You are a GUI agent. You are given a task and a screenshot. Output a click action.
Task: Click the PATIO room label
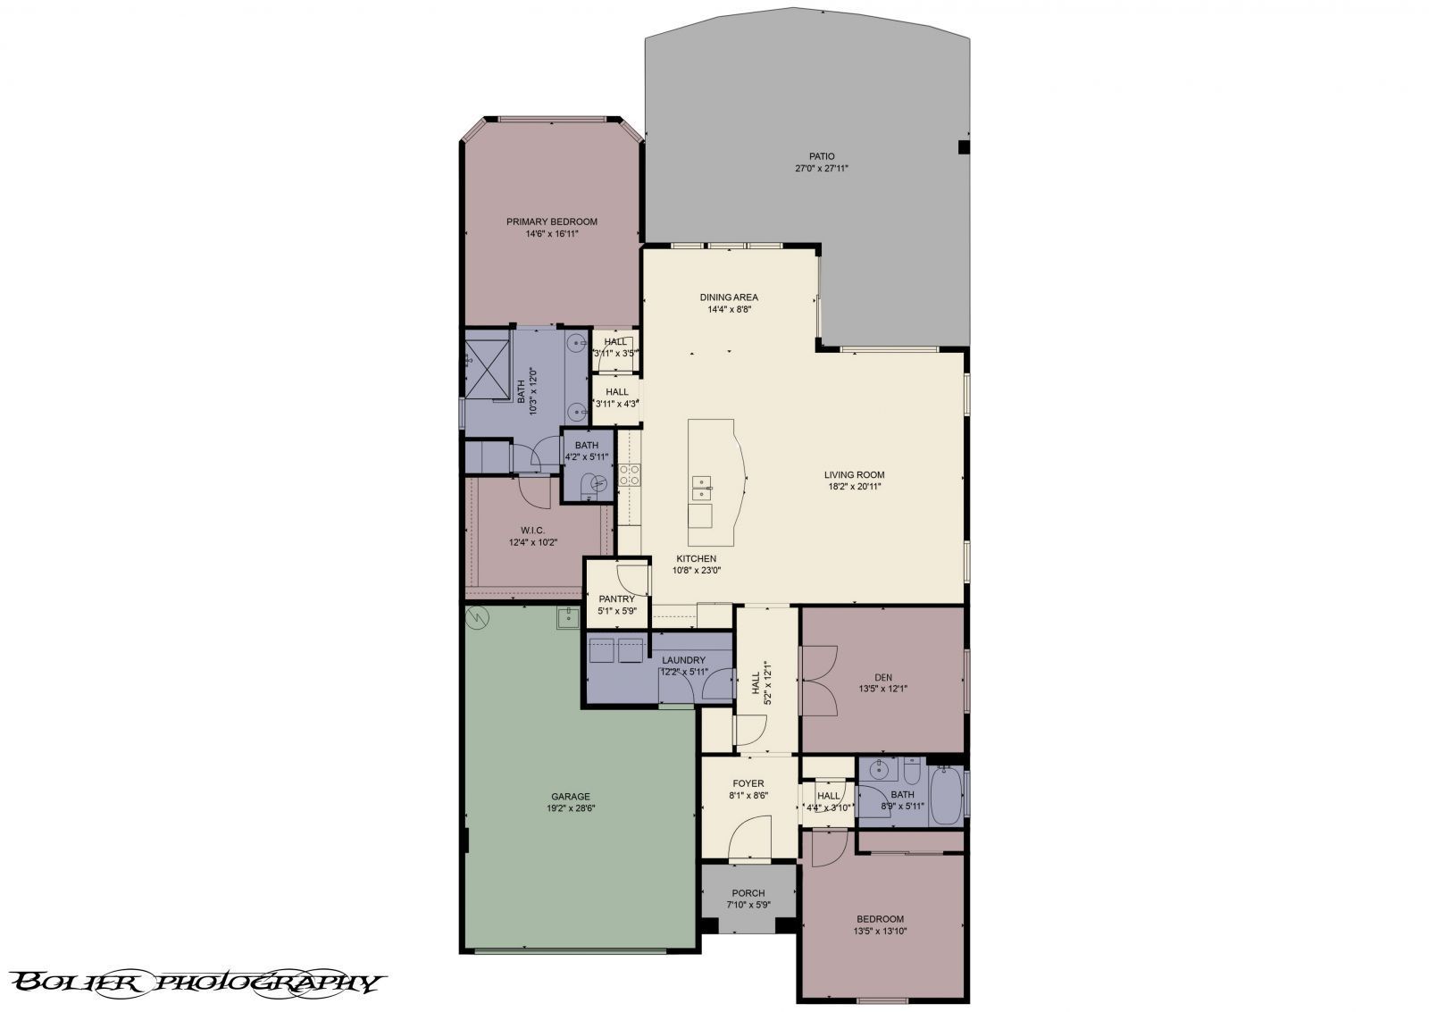821,156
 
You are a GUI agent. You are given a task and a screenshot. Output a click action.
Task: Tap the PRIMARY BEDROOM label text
551,222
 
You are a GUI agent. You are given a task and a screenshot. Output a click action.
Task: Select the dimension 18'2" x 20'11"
854,488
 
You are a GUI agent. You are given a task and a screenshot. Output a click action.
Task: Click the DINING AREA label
729,297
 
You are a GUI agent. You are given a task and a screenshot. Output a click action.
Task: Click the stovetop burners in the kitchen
630,474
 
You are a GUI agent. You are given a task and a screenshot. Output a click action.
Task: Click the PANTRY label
616,599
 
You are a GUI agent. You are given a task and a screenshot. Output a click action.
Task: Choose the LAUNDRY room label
683,660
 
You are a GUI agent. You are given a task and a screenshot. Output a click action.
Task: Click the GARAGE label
570,797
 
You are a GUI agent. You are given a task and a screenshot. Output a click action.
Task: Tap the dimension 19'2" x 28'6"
570,809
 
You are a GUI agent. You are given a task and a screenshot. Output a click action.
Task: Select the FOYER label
748,783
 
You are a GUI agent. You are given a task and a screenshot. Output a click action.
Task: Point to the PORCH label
748,892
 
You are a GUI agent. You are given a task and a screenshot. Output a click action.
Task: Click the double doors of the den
818,681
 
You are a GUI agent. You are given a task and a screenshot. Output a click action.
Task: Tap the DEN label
883,676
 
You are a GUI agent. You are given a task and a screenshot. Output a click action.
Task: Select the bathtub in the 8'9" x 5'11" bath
946,795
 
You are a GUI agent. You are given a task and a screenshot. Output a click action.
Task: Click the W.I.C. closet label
533,530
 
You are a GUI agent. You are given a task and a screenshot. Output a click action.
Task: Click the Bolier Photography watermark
197,983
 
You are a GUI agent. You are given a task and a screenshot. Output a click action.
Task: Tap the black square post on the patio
964,146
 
